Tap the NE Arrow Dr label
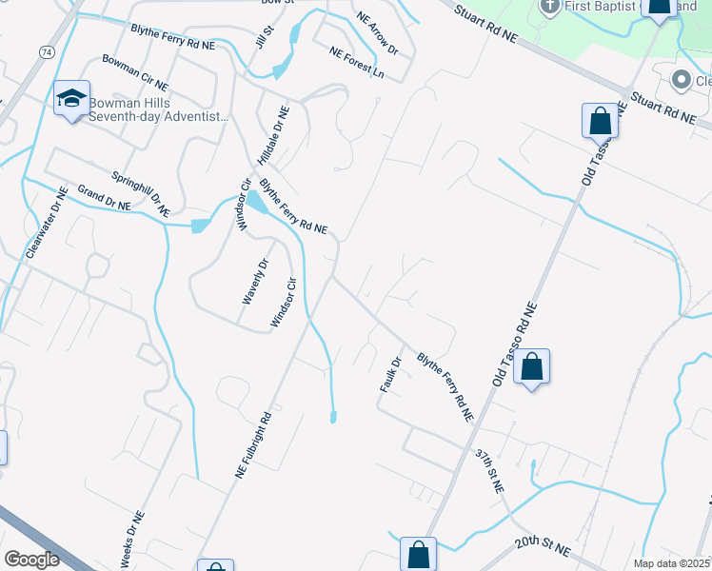(377, 32)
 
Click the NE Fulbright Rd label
(253, 444)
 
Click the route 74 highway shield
(46, 51)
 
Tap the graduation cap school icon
(71, 98)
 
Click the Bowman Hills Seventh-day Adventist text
(159, 109)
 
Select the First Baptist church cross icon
(549, 7)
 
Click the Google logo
(31, 560)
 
